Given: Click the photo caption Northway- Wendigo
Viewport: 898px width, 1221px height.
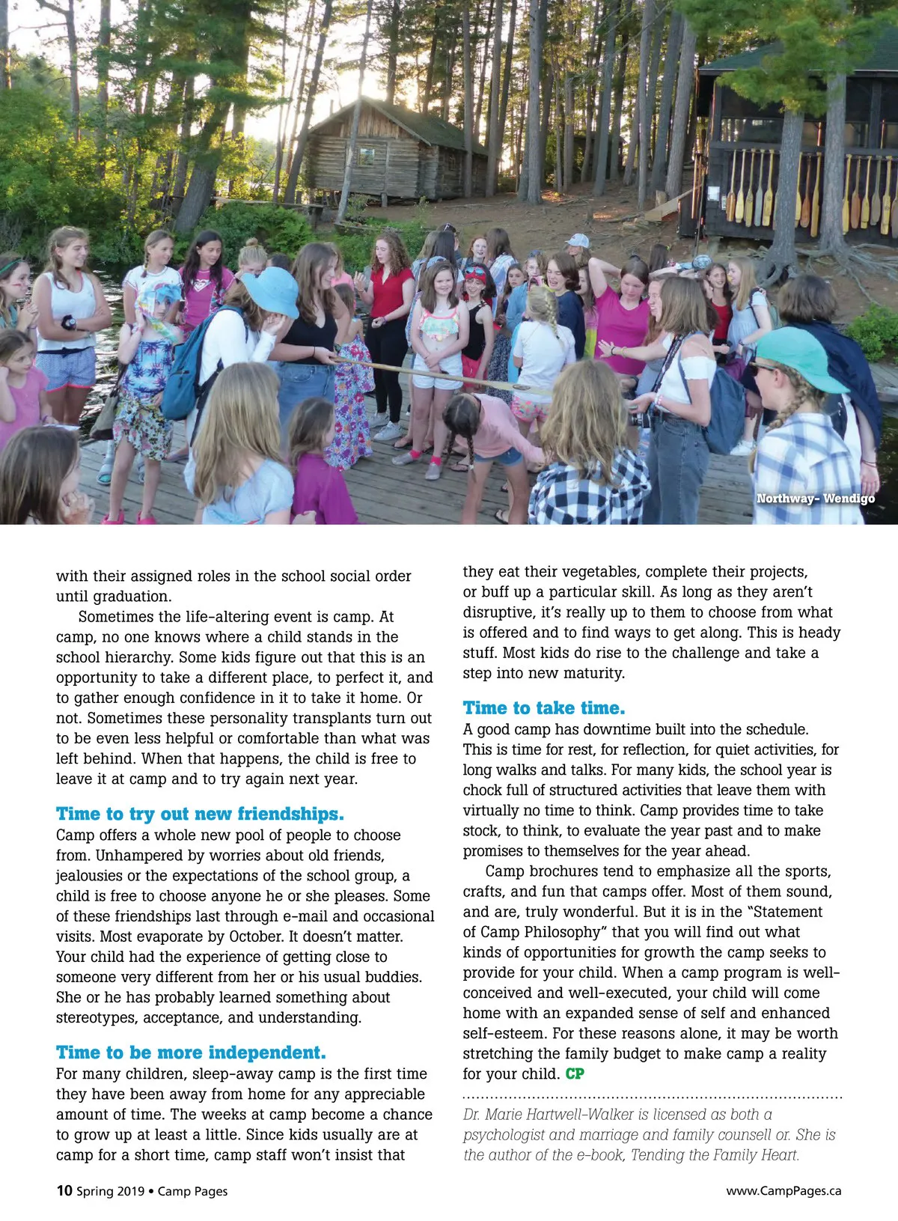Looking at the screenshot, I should tap(815, 499).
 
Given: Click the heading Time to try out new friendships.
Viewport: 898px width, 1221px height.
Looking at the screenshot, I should tap(200, 814).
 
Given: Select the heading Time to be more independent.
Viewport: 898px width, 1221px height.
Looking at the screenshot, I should tap(191, 1053).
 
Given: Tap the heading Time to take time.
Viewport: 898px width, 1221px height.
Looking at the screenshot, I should tap(543, 708).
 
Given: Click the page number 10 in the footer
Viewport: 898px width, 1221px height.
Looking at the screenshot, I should tap(64, 1190).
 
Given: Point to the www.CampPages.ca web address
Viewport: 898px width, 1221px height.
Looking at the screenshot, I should tap(784, 1191).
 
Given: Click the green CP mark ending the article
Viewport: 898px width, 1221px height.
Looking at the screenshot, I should tap(575, 1074).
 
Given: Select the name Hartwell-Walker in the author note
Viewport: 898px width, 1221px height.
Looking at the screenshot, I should tap(581, 1114).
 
